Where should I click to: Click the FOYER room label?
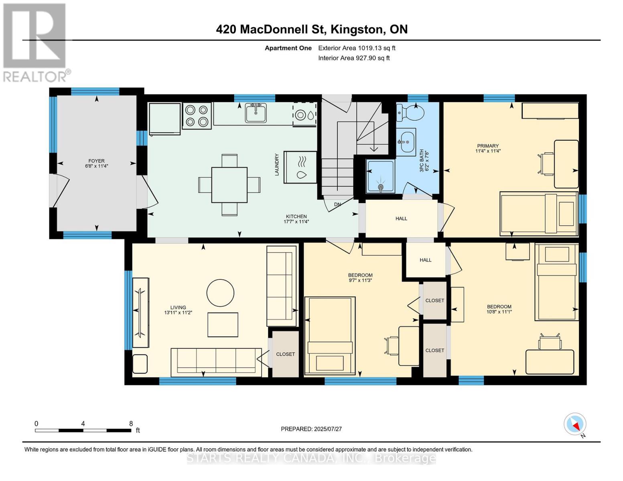(96, 161)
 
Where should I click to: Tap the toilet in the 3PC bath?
(413, 113)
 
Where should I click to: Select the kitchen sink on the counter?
(256, 113)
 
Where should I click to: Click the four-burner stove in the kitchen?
(197, 116)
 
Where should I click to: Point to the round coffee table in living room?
(220, 293)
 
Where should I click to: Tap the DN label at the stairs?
(337, 204)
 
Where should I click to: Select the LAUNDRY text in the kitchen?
(277, 164)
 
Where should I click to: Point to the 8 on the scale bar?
(131, 423)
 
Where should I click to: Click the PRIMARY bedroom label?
(488, 146)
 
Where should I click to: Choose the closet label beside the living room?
(285, 354)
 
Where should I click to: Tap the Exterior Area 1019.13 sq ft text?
(357, 48)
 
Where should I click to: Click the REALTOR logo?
(35, 42)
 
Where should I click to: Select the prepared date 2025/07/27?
(311, 429)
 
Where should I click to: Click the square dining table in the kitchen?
(229, 185)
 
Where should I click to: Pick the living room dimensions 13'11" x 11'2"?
(178, 313)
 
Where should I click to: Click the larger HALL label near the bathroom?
(401, 218)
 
